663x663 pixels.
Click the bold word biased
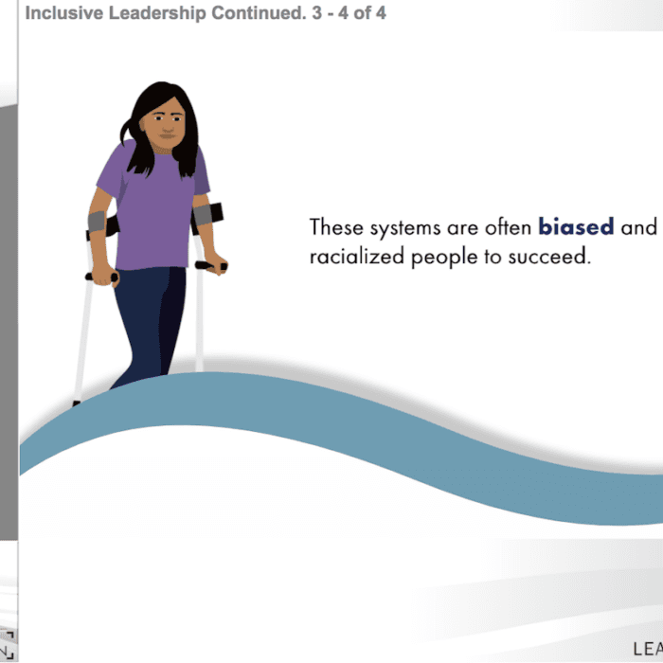(576, 226)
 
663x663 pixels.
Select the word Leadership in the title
(157, 13)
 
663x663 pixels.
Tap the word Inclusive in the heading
(64, 13)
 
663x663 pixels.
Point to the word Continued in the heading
(259, 13)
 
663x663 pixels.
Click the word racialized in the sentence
(357, 256)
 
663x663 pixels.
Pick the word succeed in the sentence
(549, 257)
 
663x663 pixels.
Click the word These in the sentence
(336, 226)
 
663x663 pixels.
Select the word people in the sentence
(444, 258)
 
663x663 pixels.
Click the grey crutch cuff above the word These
(202, 215)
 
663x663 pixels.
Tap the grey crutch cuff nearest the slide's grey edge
(97, 222)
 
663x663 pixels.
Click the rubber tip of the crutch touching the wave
(76, 403)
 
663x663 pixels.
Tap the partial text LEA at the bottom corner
(648, 649)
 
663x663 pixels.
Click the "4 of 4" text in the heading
(362, 13)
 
